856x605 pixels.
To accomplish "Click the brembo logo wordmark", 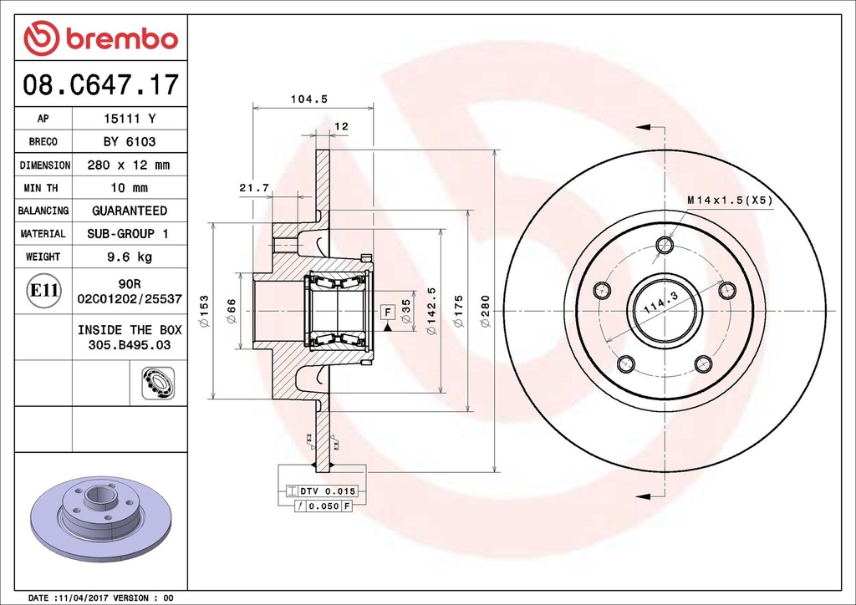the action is point(122,39).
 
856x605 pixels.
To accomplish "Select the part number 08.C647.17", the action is point(100,84).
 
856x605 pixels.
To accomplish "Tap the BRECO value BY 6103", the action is point(130,142).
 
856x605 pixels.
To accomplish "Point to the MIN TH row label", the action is point(41,188).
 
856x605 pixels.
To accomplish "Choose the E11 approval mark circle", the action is point(43,290).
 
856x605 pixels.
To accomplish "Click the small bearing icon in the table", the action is point(158,383).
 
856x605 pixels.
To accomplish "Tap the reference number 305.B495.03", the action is point(130,345).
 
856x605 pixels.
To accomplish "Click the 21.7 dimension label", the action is point(254,188).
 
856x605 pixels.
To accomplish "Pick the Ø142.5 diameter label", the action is point(432,311).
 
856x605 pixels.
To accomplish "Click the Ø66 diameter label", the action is point(232,311).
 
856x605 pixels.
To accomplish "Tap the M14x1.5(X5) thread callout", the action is point(731,201).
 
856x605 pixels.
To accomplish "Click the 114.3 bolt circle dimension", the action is point(660,302).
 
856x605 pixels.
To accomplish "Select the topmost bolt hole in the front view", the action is point(665,244).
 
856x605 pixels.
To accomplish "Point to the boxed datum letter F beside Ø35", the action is point(388,313).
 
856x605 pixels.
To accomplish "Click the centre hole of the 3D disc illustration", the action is point(99,495).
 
